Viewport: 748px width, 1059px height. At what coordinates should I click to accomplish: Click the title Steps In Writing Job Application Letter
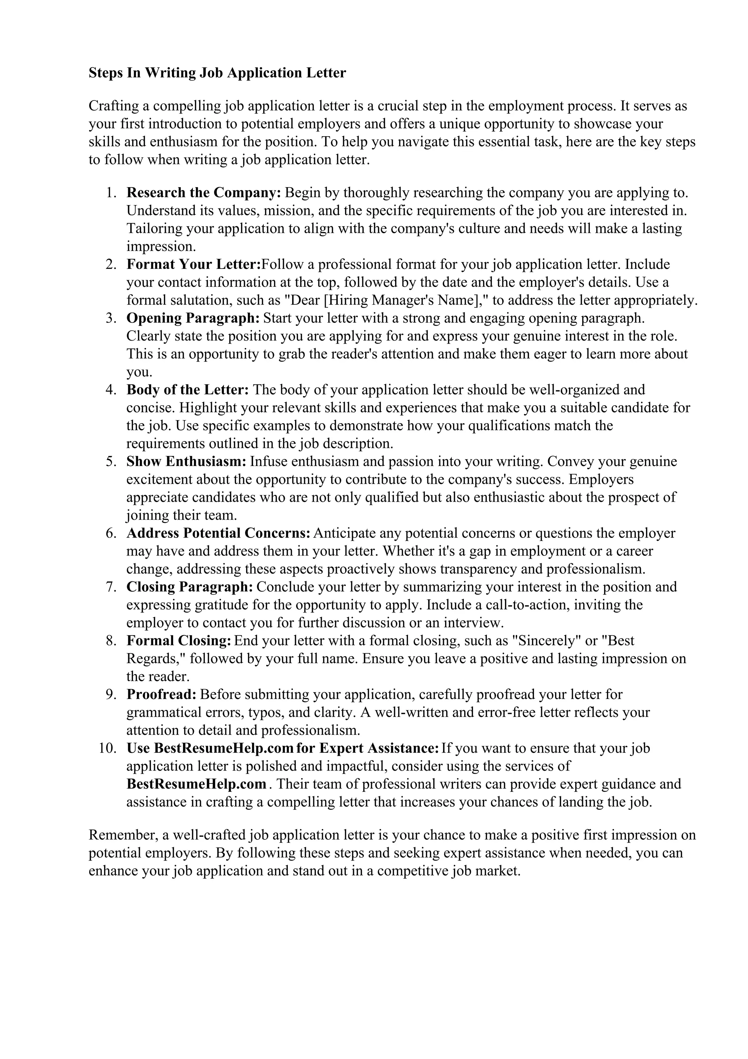point(217,73)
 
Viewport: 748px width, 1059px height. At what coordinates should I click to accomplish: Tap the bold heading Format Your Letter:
point(194,264)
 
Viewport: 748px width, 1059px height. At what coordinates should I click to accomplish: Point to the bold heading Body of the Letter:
point(188,390)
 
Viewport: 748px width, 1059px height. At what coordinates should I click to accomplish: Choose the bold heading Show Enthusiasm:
point(187,461)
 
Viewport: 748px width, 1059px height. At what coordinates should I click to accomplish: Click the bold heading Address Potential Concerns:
point(218,533)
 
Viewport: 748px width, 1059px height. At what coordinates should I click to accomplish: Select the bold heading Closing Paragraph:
point(190,587)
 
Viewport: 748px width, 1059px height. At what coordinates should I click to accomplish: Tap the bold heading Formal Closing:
point(179,641)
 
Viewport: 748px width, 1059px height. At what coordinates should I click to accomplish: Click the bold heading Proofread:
point(161,694)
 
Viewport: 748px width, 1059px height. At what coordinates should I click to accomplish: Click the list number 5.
point(111,461)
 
